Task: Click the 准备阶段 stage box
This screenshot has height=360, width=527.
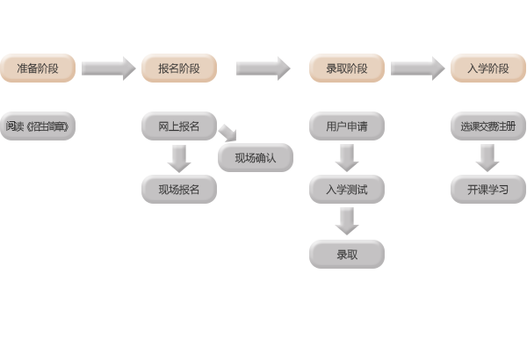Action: (x=37, y=68)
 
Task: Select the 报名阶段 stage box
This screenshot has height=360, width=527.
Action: (x=178, y=68)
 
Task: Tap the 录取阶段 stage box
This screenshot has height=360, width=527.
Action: (x=346, y=68)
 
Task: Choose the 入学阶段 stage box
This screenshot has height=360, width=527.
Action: (x=487, y=68)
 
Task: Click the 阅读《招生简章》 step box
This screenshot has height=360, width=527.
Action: (x=37, y=126)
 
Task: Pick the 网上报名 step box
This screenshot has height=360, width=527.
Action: (x=178, y=126)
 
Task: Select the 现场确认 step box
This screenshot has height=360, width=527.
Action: (x=255, y=158)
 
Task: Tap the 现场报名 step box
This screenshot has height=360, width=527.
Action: (x=178, y=189)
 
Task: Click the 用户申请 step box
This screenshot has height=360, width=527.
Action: (x=346, y=126)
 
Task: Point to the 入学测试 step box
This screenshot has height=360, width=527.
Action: (x=346, y=189)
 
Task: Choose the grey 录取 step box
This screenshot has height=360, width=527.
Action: (x=346, y=255)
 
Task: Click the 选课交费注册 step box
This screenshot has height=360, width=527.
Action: (x=487, y=126)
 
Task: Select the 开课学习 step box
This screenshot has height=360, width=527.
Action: (x=487, y=189)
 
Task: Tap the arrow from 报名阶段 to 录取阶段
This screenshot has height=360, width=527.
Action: (x=263, y=68)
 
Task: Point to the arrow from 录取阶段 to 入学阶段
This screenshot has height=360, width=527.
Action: (x=418, y=68)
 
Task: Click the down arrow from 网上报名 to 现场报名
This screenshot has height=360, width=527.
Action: (x=179, y=158)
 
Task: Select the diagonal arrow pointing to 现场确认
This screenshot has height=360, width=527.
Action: (x=227, y=133)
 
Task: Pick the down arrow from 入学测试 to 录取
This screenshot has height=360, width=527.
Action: (x=347, y=221)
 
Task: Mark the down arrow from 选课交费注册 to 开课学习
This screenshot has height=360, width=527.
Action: (x=487, y=158)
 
